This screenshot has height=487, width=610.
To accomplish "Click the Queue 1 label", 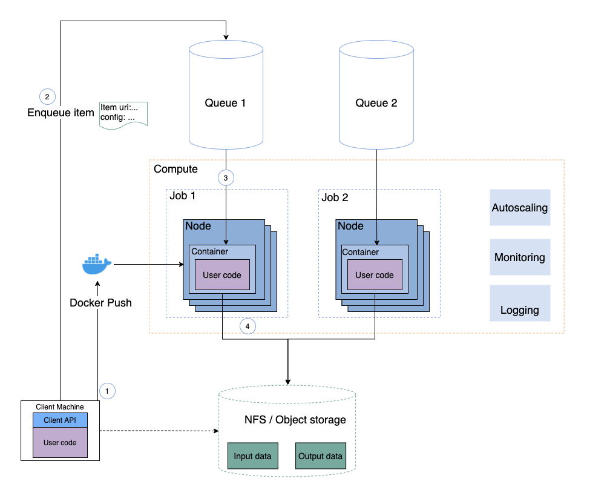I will tap(225, 103).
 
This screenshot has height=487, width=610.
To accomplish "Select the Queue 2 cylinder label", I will tap(376, 103).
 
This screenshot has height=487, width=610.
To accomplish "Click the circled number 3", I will tap(226, 178).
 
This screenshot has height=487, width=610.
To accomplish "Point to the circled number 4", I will tap(248, 326).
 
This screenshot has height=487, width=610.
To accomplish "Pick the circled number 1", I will tap(107, 391).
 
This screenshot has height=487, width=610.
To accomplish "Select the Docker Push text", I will tap(100, 302).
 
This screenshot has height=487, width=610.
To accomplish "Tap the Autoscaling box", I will tap(520, 208).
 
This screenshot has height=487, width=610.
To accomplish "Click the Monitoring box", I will tap(520, 257).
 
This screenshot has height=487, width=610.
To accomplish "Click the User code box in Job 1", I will tap(222, 274).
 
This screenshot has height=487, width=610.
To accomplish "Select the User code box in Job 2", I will tap(375, 274).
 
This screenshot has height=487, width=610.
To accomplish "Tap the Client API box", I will tap(60, 420).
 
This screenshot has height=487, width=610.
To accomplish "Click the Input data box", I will tap(253, 456).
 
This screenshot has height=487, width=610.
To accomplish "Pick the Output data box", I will tap(320, 456).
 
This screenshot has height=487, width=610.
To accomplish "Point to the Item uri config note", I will tap(123, 114).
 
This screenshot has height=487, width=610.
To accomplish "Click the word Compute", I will tap(175, 169).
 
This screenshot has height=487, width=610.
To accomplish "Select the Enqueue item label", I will tap(61, 113).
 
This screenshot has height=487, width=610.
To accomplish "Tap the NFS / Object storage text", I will tap(295, 420).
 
